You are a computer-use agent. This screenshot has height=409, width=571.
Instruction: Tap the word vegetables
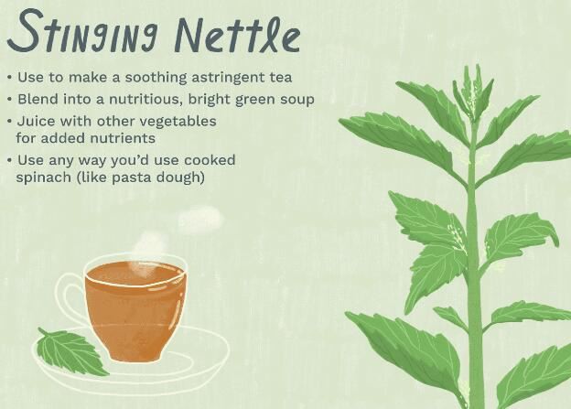(178, 121)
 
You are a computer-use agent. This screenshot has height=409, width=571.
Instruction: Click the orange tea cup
(133, 307)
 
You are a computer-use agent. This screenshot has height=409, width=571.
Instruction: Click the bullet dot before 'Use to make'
(9, 78)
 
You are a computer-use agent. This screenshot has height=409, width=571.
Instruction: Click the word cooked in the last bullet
(209, 160)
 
